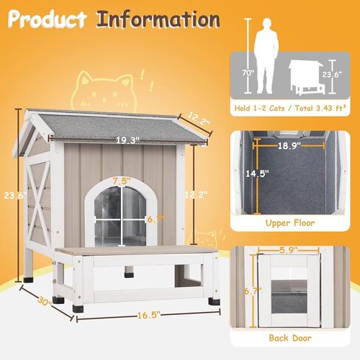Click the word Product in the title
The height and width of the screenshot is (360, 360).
[x=47, y=19]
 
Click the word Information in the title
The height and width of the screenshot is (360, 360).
[x=158, y=20]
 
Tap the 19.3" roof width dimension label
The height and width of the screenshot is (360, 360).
[x=128, y=140]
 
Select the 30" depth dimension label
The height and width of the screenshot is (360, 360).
[x=44, y=301]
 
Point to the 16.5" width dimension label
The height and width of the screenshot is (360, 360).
[x=149, y=315]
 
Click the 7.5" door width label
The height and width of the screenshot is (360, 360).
[x=122, y=181]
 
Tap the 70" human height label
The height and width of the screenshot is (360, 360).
[x=248, y=73]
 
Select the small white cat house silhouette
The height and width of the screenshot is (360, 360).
[x=306, y=77]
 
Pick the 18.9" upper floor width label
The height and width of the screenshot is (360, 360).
[x=289, y=146]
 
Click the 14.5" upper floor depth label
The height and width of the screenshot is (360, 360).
[x=257, y=173]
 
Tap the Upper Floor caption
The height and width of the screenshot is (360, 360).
[x=290, y=223]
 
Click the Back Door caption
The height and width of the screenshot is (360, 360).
[x=290, y=338]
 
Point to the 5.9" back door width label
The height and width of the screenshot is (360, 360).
[x=288, y=250]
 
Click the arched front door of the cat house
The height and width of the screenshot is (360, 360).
[x=121, y=212]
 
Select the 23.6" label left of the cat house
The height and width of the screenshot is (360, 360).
[x=15, y=195]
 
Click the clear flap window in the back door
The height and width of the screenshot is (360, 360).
[x=289, y=297]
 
